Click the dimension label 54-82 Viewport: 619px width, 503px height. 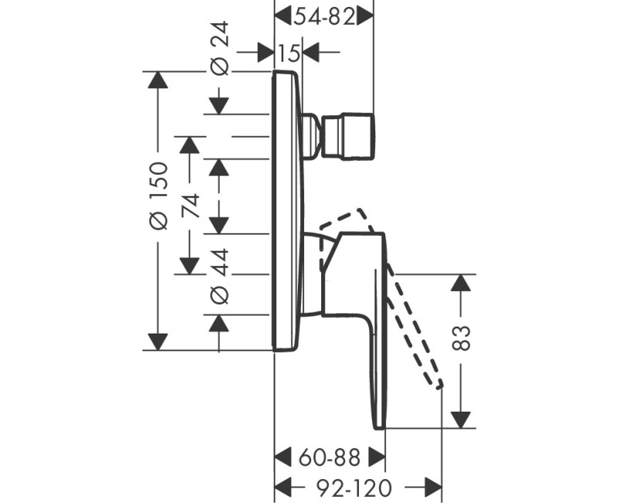(x=325, y=16)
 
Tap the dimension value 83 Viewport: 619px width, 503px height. (x=462, y=337)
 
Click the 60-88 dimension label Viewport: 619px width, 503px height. (x=330, y=457)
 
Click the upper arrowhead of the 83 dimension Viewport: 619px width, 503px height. (x=462, y=282)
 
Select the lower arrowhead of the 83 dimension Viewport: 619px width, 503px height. (x=462, y=418)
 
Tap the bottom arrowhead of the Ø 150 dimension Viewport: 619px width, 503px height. (x=158, y=340)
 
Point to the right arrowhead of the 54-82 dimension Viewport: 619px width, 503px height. (x=365, y=16)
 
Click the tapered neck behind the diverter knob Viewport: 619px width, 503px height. (x=313, y=135)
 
